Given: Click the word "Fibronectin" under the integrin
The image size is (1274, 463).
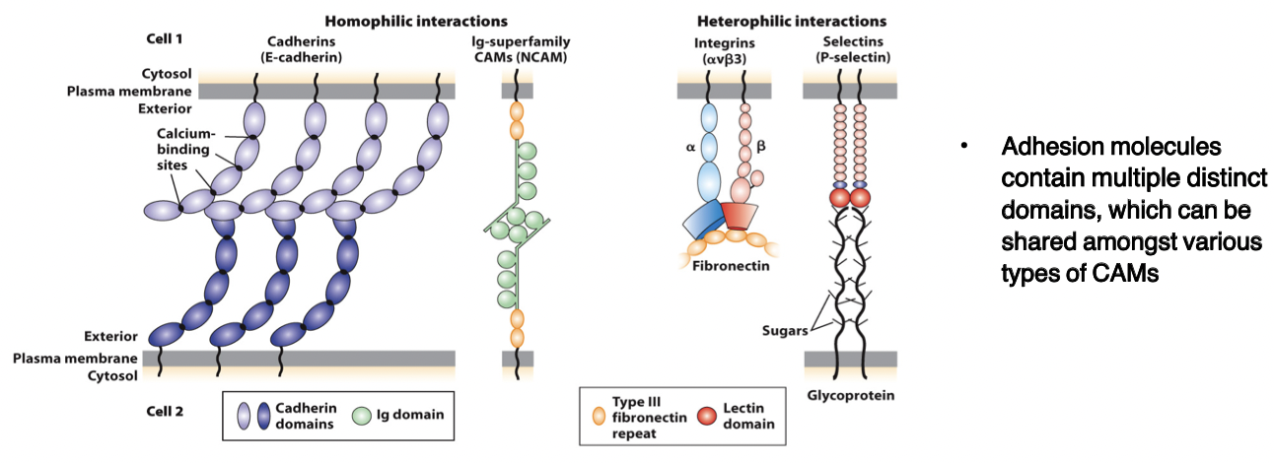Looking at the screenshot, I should click(x=732, y=265).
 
